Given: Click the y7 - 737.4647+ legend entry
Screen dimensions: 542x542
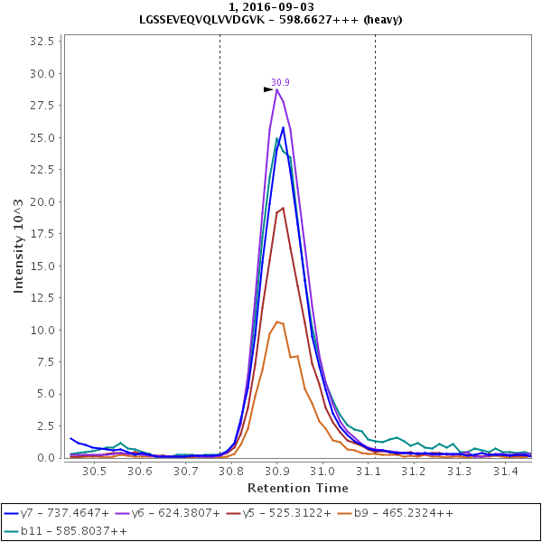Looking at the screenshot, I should [57, 513].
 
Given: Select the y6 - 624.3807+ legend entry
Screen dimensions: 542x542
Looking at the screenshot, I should [174, 513].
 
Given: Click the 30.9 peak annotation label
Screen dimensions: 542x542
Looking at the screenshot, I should [280, 82].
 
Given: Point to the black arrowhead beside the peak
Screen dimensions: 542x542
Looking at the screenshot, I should [268, 89].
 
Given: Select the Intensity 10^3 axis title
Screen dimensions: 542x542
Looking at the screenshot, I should [19, 248].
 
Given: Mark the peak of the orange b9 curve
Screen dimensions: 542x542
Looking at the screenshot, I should [278, 322].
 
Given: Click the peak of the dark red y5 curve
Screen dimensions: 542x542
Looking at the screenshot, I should [283, 208].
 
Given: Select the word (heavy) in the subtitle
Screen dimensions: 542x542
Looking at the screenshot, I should [379, 19].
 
